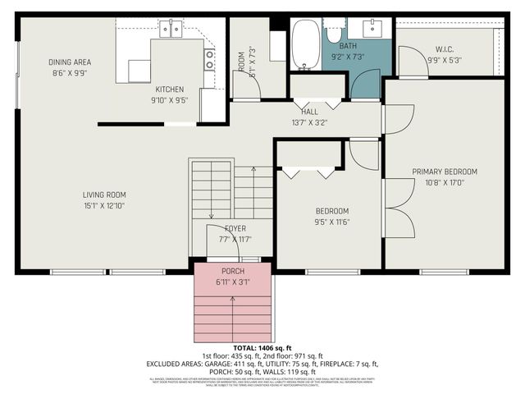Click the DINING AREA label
click(69, 62)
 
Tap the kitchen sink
click(171, 30)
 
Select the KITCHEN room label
click(170, 89)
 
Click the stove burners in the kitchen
click(210, 59)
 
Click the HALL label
click(309, 112)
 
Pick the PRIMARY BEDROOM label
click(444, 172)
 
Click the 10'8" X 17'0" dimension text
click(444, 183)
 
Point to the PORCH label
click(233, 272)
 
